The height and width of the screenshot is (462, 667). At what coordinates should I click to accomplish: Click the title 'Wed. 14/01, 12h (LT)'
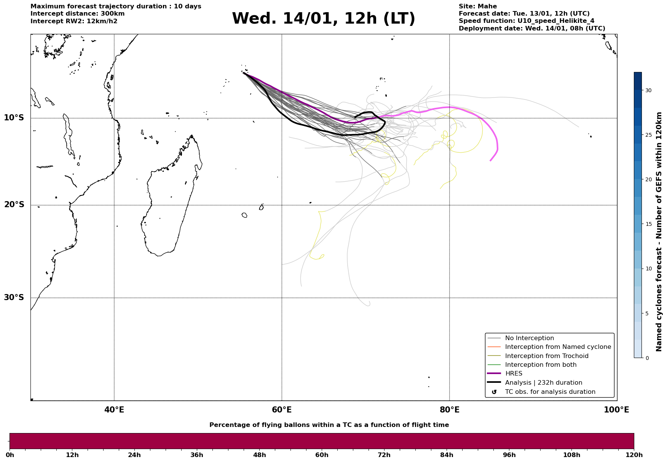tap(323, 19)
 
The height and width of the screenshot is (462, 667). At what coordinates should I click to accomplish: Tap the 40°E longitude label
tap(114, 410)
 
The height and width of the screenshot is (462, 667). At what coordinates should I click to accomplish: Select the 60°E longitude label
tap(282, 410)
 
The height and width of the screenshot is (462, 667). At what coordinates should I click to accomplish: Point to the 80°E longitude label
tap(449, 410)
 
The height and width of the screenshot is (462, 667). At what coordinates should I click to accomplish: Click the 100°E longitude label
tap(616, 410)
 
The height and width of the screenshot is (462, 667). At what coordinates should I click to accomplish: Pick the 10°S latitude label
tap(14, 118)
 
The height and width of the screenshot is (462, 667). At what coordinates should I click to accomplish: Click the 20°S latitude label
tap(14, 205)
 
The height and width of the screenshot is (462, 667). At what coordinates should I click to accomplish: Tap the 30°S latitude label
tap(14, 297)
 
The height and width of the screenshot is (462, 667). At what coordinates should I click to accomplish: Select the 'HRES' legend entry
tap(514, 374)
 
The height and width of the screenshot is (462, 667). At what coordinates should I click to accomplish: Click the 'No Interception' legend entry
tap(529, 338)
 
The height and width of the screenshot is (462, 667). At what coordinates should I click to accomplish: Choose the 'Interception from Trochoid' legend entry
tap(546, 356)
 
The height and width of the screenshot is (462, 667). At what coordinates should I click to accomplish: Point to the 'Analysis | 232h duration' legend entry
tap(543, 383)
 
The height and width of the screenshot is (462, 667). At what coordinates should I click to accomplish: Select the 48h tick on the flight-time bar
tap(259, 455)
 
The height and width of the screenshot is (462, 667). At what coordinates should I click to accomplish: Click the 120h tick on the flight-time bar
tap(633, 455)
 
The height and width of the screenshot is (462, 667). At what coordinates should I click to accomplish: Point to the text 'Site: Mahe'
tap(477, 6)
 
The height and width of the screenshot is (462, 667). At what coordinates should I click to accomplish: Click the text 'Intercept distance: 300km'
tap(77, 14)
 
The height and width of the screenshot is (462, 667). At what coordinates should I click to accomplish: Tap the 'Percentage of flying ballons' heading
tap(329, 425)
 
